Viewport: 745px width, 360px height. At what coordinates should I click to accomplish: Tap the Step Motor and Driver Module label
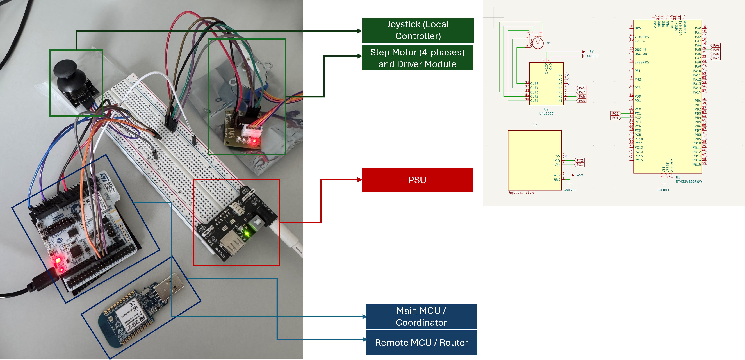[417, 58]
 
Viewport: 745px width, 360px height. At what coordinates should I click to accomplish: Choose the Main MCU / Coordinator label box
[421, 316]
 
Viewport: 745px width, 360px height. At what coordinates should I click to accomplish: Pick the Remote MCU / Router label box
[421, 343]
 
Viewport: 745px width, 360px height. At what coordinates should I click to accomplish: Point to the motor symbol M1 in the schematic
[538, 43]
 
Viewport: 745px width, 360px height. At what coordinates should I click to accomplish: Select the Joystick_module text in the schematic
[521, 193]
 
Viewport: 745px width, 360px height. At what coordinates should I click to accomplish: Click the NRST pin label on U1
[639, 28]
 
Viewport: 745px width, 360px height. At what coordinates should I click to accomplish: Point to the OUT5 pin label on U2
[534, 84]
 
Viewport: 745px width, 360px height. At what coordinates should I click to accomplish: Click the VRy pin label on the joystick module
[557, 160]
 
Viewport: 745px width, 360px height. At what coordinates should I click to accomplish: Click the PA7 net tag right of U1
[716, 58]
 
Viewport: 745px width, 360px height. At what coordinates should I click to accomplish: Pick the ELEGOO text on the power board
[220, 252]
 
